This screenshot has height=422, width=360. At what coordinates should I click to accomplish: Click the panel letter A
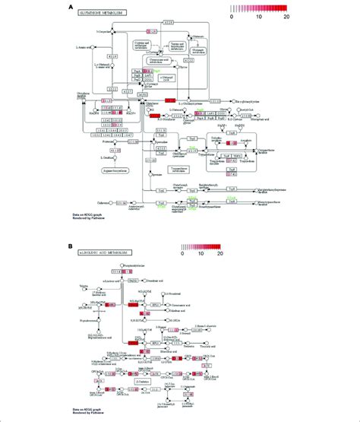[x=71, y=7]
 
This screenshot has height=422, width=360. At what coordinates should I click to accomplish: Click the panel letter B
[x=71, y=247]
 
